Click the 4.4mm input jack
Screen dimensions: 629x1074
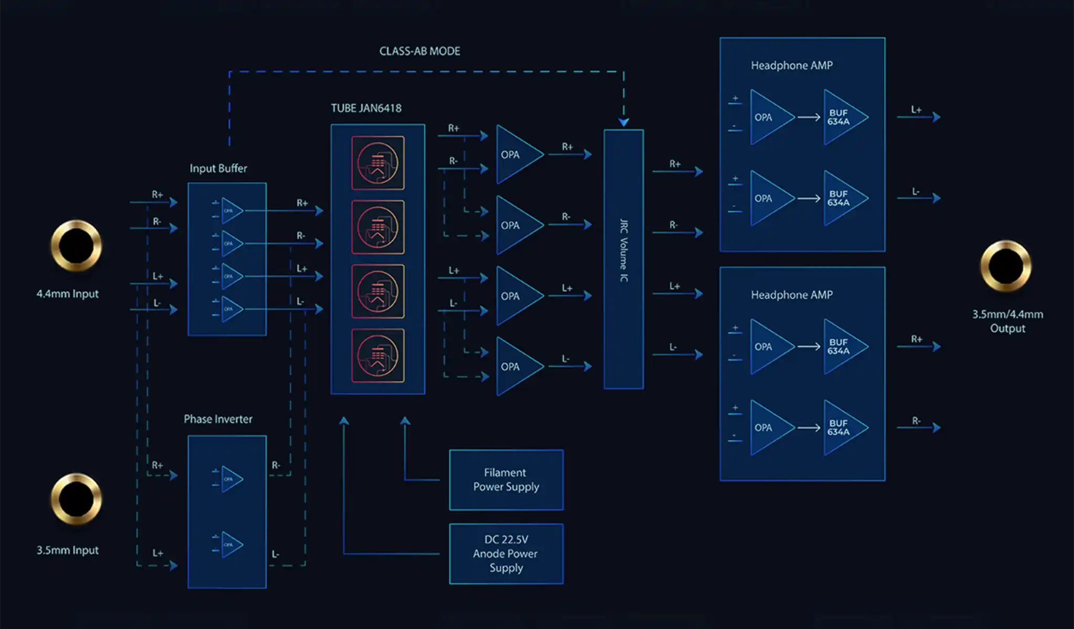click(76, 245)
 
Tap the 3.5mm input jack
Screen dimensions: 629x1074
click(76, 498)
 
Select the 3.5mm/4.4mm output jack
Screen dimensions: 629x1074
click(1005, 266)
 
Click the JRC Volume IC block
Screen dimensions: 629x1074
click(624, 259)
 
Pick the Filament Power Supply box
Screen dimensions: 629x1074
click(506, 480)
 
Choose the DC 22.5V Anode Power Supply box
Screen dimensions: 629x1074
click(506, 554)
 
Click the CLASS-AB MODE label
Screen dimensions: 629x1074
click(420, 51)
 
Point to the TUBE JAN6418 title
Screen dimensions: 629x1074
click(366, 109)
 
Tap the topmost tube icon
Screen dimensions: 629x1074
click(378, 163)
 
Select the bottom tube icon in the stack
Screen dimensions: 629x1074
click(378, 356)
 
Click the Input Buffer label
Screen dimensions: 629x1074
click(218, 168)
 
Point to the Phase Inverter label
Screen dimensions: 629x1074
click(218, 419)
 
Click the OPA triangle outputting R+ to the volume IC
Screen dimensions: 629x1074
click(516, 154)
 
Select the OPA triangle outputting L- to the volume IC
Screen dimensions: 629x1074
click(516, 366)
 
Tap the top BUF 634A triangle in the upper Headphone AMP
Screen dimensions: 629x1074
click(841, 117)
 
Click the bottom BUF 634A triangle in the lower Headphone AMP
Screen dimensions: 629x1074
click(841, 428)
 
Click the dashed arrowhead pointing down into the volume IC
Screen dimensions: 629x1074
click(624, 122)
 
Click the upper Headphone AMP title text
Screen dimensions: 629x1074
click(791, 66)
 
